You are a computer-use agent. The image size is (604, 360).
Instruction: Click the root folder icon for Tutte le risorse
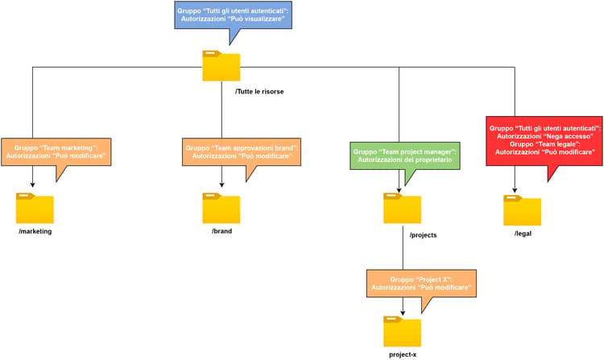coord(221,66)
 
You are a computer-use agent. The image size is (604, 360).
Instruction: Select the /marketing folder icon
coord(35,209)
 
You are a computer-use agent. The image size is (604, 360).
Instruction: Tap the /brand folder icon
coord(221,209)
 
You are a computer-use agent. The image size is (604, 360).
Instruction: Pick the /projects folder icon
coord(402,209)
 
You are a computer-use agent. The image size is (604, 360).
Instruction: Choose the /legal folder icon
coord(523,210)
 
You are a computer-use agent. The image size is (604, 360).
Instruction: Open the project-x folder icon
coord(402,332)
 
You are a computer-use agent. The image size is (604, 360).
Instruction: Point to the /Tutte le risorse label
coord(259,92)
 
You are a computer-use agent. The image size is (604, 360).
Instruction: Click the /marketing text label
coord(35,231)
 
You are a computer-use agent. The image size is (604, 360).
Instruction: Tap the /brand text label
coord(222,231)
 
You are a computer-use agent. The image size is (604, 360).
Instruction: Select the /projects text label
coord(424,235)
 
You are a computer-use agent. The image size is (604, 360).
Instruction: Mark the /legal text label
coord(523,234)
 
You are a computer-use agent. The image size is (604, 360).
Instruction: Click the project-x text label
coord(403,355)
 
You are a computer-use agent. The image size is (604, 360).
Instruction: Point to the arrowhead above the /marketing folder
coord(32,184)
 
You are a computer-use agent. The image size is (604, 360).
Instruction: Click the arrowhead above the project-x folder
coord(403,313)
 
